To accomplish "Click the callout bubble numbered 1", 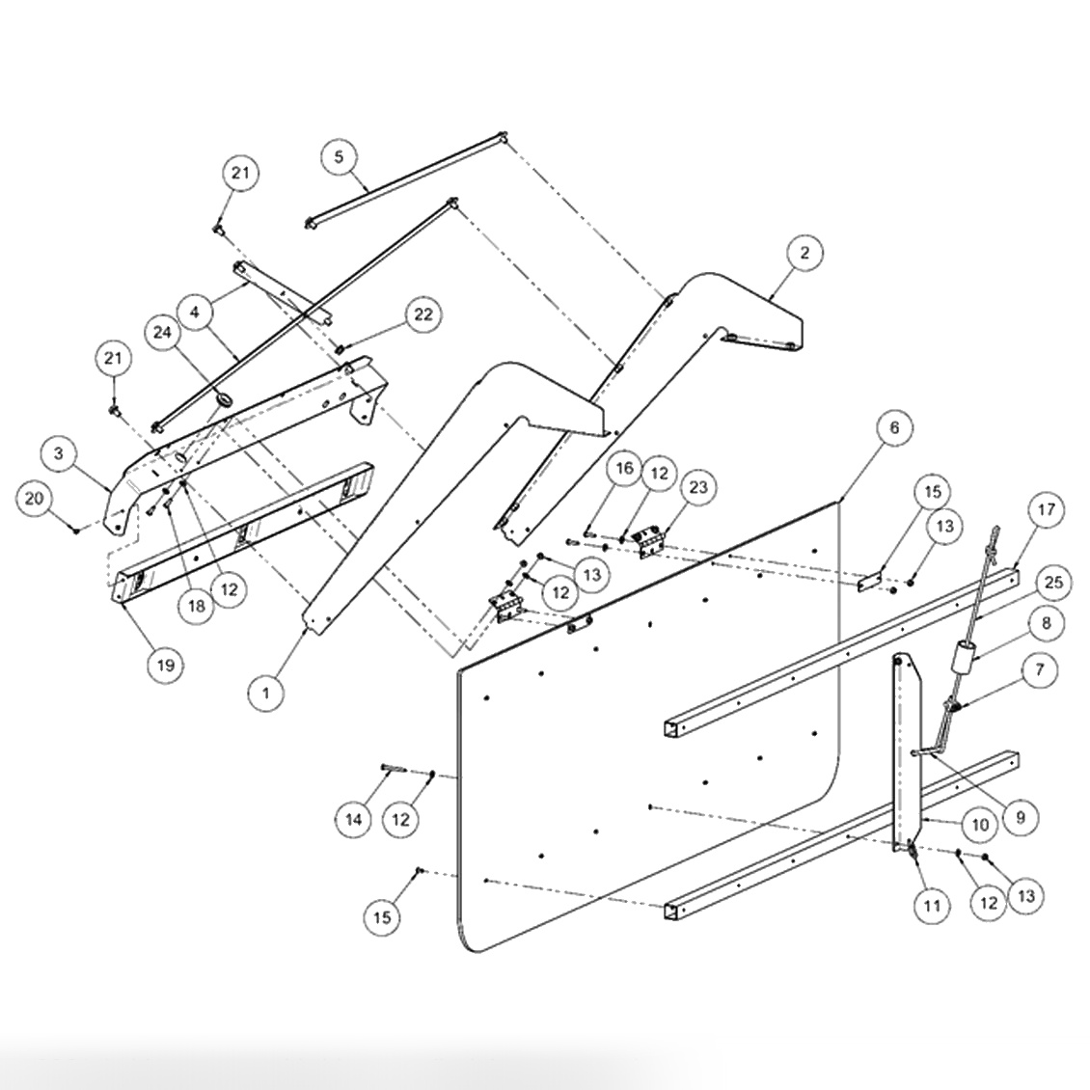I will coord(266,693).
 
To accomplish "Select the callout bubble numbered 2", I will coord(805,254).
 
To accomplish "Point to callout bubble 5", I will coord(339,156).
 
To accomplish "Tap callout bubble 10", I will coord(980,825).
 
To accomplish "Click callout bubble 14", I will coord(354,819).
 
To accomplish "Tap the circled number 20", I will coord(35,498).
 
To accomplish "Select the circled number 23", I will coord(698,487).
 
